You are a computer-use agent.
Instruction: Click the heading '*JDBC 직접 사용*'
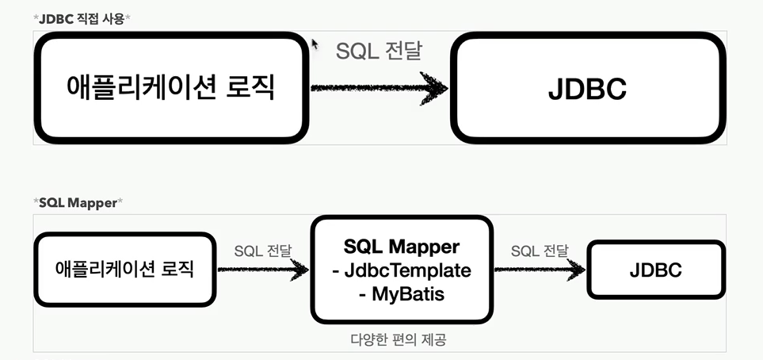click(x=82, y=19)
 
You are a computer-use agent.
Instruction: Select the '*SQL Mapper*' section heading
click(x=78, y=203)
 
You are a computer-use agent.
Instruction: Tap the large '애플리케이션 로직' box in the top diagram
click(x=171, y=88)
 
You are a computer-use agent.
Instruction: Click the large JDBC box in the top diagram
click(x=588, y=88)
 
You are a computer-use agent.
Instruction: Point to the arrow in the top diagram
click(x=379, y=88)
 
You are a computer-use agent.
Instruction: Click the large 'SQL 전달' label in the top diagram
click(x=379, y=51)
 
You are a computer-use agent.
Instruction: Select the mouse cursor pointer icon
click(x=315, y=44)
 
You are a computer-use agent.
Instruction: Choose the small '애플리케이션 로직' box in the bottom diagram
click(x=124, y=270)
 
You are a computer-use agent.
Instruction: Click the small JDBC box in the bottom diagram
click(x=656, y=270)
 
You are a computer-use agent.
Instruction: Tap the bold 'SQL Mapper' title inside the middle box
click(x=402, y=247)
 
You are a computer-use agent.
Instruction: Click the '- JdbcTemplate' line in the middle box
click(x=402, y=270)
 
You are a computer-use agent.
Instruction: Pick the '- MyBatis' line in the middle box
click(x=402, y=293)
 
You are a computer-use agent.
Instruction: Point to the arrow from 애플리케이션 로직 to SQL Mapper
click(x=263, y=270)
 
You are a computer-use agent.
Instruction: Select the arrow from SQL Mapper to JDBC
click(x=540, y=270)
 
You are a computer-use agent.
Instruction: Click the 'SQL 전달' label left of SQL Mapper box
click(x=263, y=251)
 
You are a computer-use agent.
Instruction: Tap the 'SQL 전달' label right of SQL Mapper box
click(x=540, y=251)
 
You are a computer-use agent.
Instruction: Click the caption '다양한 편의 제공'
click(x=398, y=339)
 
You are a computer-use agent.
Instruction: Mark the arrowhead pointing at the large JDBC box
click(x=433, y=88)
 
